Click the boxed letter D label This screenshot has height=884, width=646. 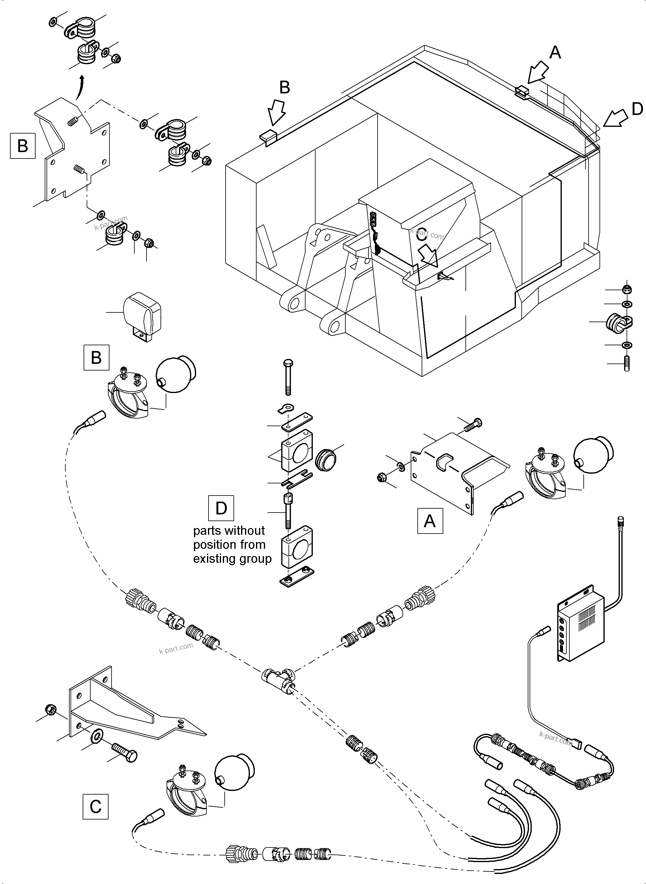pos(221,508)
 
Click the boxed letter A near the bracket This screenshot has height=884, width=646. pos(430,521)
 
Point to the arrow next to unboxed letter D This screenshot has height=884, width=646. pos(615,118)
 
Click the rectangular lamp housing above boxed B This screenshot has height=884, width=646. pos(143,313)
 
